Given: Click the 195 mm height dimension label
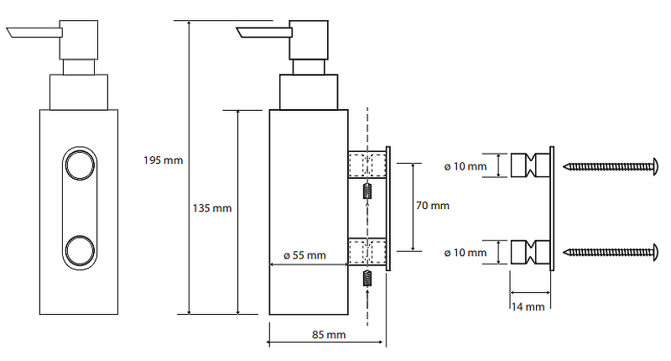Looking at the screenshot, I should (163, 160).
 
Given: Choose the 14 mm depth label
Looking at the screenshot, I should (528, 306).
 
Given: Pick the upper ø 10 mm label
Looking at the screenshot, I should (466, 166).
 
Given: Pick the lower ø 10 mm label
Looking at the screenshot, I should (466, 252).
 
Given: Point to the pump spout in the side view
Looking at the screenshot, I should (263, 34).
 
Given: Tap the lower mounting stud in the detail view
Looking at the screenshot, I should (528, 251).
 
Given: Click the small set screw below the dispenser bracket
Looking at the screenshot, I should (367, 277).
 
